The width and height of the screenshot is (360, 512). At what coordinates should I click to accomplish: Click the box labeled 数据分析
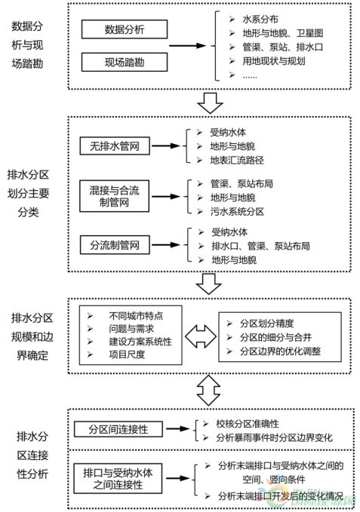click(x=125, y=29)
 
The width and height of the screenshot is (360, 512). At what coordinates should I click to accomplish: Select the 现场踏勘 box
click(x=125, y=62)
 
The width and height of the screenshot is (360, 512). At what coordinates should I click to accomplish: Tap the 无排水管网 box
click(x=115, y=146)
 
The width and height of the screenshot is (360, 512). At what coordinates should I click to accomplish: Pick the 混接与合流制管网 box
click(x=114, y=196)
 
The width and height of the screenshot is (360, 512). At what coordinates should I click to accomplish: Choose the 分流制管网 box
click(x=115, y=245)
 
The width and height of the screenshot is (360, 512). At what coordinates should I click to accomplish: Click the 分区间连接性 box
click(x=118, y=429)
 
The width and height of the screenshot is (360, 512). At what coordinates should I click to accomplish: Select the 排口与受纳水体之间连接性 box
click(x=118, y=478)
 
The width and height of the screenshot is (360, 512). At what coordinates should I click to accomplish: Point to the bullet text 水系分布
click(x=260, y=20)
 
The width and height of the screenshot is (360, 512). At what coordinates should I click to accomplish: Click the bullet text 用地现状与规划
click(x=274, y=61)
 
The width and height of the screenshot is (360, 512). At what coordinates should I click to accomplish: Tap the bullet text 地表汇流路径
click(x=237, y=160)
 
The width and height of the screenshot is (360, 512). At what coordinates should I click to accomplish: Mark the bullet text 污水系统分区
click(x=237, y=212)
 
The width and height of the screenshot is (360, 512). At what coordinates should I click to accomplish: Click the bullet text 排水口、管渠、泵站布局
click(x=260, y=246)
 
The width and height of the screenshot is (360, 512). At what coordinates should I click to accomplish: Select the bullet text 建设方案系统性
click(x=140, y=342)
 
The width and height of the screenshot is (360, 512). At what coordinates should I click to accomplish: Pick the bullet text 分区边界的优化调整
click(x=280, y=351)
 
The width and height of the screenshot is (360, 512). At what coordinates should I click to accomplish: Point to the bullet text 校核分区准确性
click(x=248, y=424)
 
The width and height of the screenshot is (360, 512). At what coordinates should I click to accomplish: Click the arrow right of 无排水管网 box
click(x=166, y=146)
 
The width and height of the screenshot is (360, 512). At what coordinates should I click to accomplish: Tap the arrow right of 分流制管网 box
click(x=166, y=245)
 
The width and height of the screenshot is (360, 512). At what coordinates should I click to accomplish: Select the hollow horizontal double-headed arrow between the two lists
click(x=201, y=336)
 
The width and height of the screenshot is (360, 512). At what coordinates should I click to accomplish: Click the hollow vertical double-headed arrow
click(x=209, y=391)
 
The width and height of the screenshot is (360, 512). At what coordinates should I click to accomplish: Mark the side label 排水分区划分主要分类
click(x=29, y=193)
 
